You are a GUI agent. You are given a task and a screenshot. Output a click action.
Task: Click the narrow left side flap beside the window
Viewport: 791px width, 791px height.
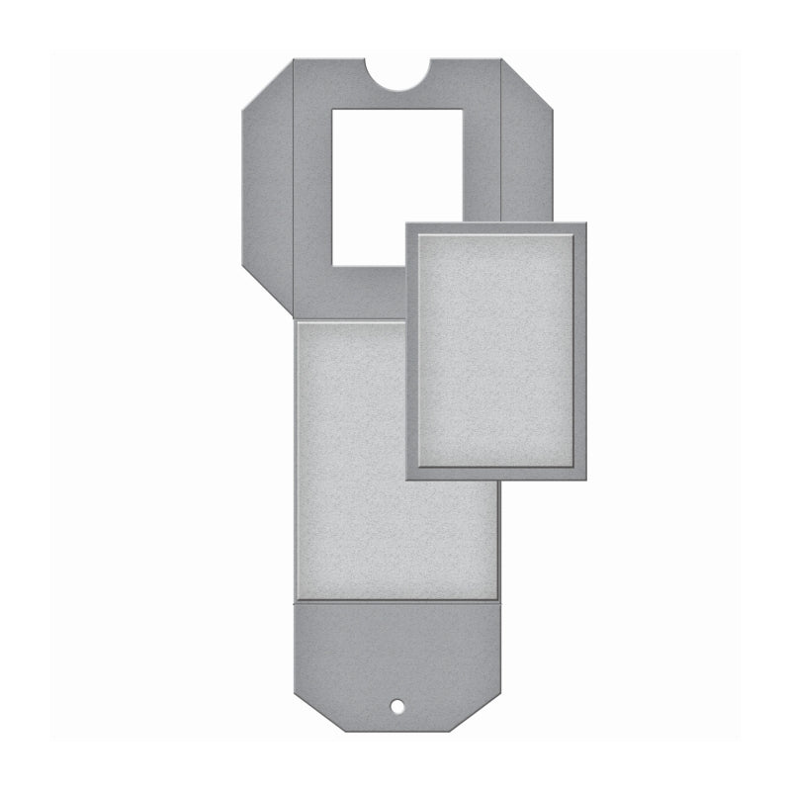tap(268, 188)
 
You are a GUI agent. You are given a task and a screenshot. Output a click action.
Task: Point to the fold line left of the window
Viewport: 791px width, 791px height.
tap(295, 188)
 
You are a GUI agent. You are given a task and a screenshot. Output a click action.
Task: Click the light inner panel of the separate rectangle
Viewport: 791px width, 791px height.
tap(495, 350)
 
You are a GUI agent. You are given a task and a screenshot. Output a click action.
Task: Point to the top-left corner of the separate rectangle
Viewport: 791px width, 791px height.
tap(406, 223)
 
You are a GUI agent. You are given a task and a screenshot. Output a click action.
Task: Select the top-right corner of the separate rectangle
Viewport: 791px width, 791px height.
tap(585, 223)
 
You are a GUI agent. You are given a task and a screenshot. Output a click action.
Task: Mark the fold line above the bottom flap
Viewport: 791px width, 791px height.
tap(396, 600)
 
